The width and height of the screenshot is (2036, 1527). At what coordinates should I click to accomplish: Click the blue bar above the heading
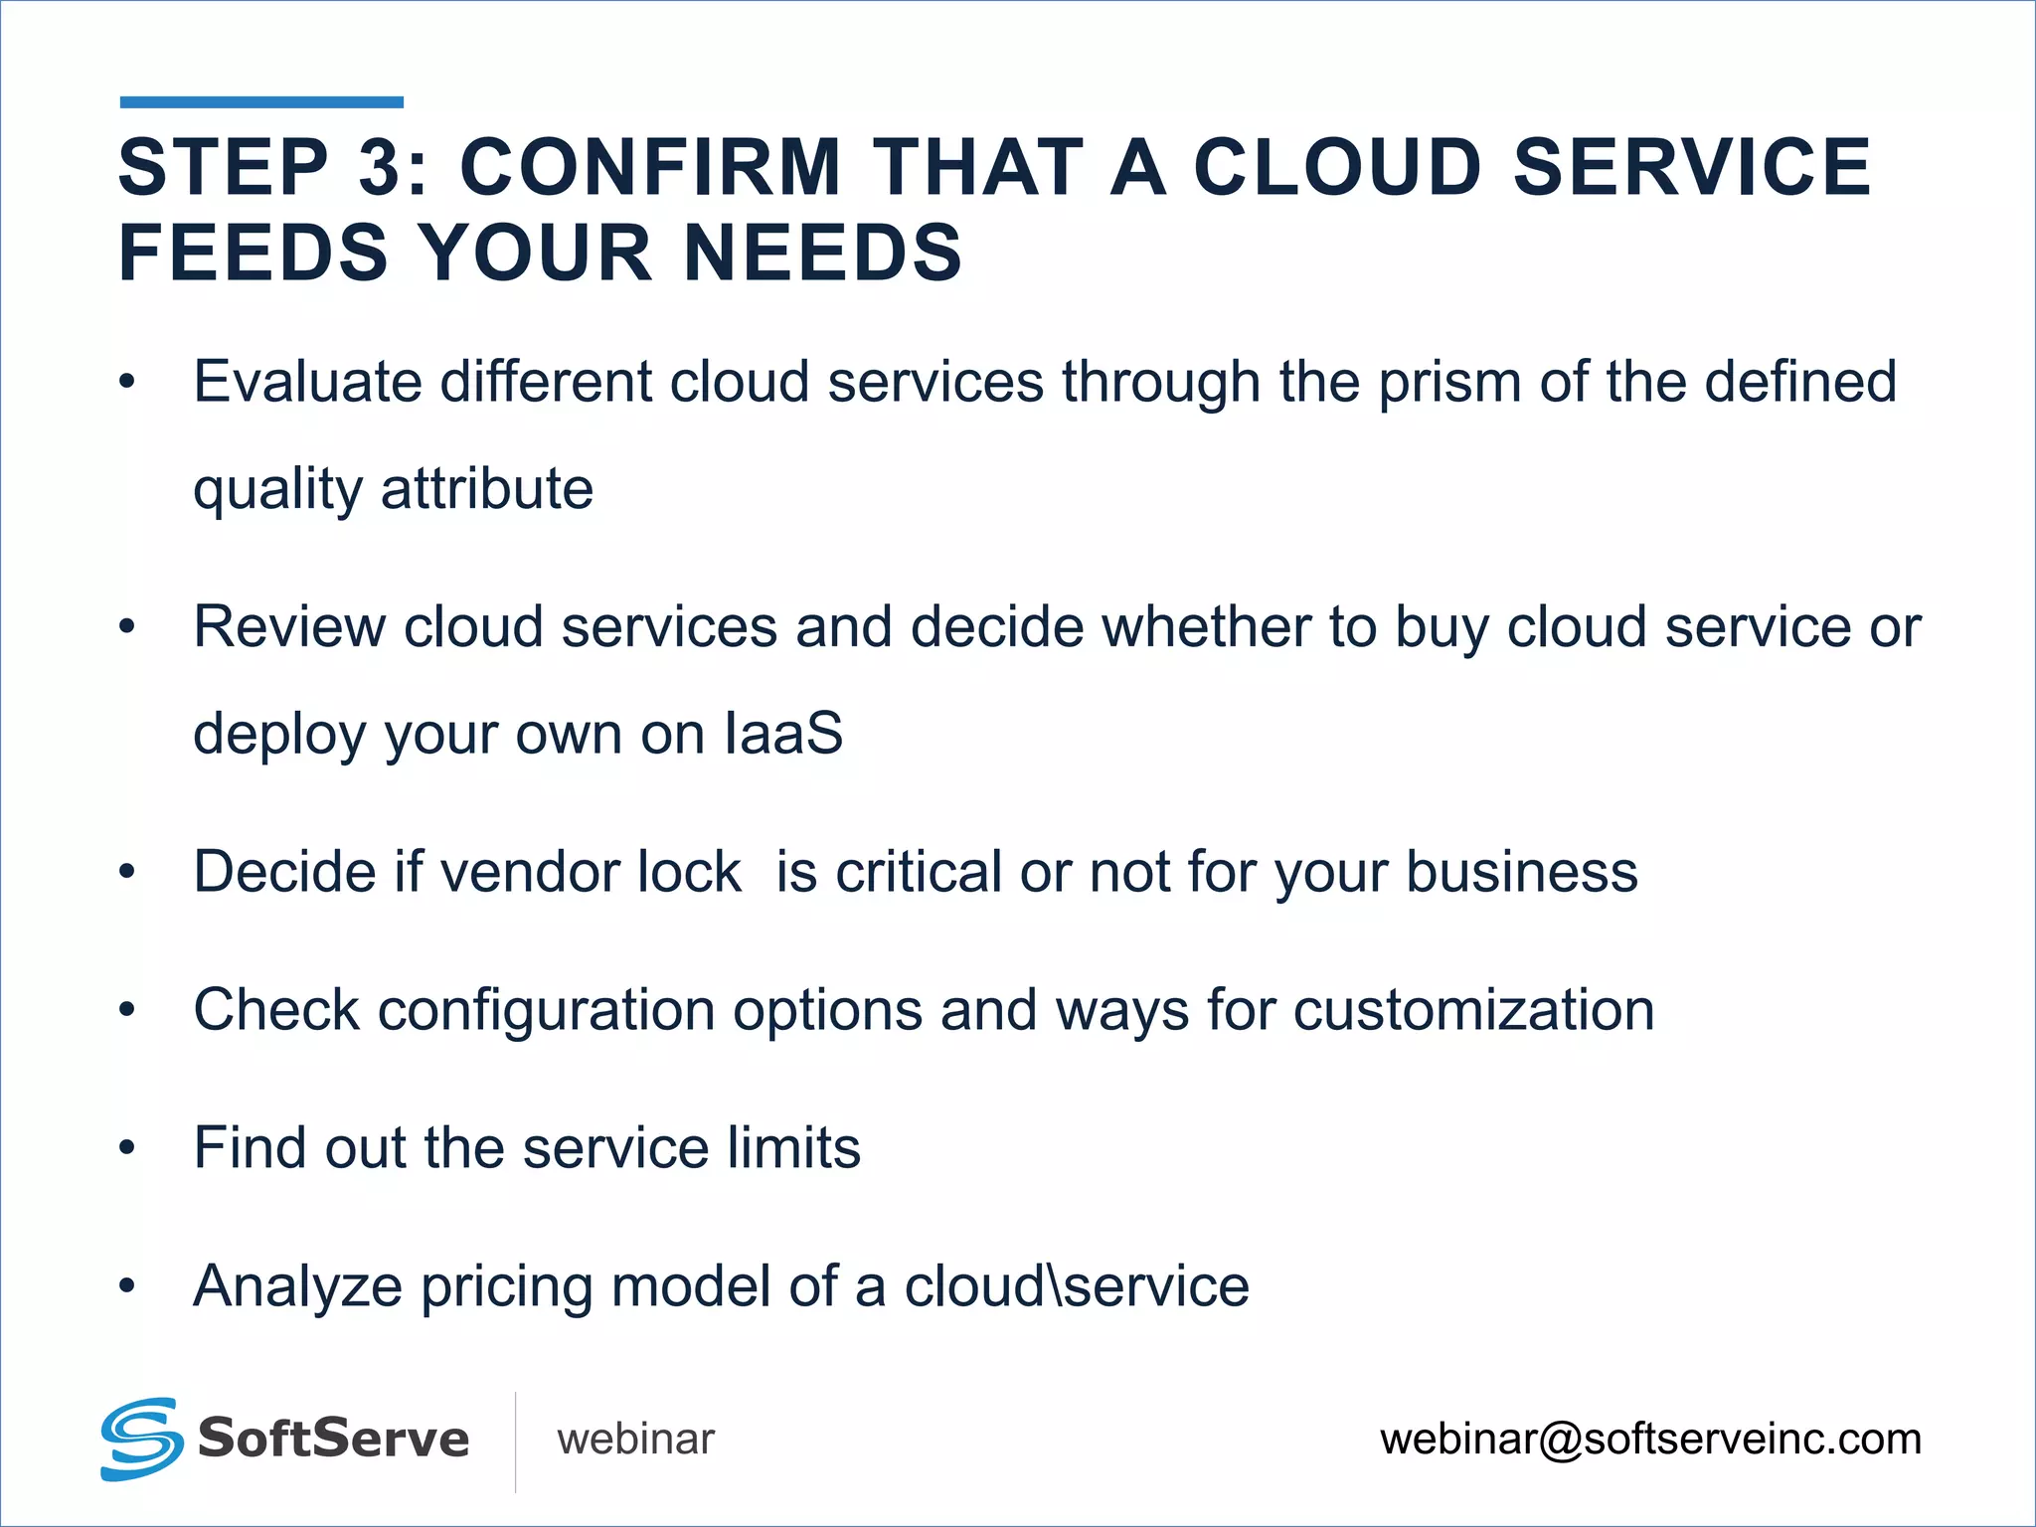(261, 102)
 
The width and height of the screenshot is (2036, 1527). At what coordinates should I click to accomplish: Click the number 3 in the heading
(379, 167)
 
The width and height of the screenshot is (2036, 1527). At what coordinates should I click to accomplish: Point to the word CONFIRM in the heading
(651, 167)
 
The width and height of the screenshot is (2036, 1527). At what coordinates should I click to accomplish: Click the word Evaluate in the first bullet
(307, 382)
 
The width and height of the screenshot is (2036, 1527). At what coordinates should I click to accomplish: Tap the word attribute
(487, 489)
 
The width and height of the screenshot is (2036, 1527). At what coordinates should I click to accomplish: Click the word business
(1521, 872)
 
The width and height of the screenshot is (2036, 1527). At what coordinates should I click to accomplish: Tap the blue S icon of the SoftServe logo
(141, 1439)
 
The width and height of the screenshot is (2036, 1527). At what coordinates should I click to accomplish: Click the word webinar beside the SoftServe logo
(635, 1440)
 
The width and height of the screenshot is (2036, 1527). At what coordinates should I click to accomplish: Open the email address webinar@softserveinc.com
(1650, 1440)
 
